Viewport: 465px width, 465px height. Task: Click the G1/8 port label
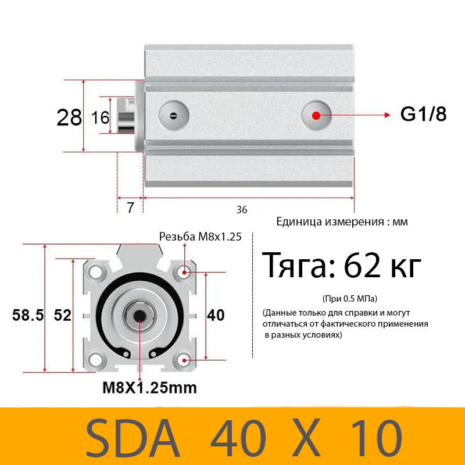pyautogui.click(x=423, y=115)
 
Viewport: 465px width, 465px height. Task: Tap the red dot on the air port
pyautogui.click(x=316, y=115)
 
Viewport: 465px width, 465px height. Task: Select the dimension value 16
pyautogui.click(x=101, y=118)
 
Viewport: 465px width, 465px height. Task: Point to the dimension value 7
pyautogui.click(x=130, y=208)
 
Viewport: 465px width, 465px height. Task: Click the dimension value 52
pyautogui.click(x=62, y=315)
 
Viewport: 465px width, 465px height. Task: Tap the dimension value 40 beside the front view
pyautogui.click(x=216, y=315)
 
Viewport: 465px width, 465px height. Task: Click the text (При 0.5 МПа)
pyautogui.click(x=349, y=299)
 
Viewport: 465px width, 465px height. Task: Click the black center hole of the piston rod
pyautogui.click(x=139, y=316)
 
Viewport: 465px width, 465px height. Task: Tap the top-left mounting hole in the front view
pyautogui.click(x=96, y=271)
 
